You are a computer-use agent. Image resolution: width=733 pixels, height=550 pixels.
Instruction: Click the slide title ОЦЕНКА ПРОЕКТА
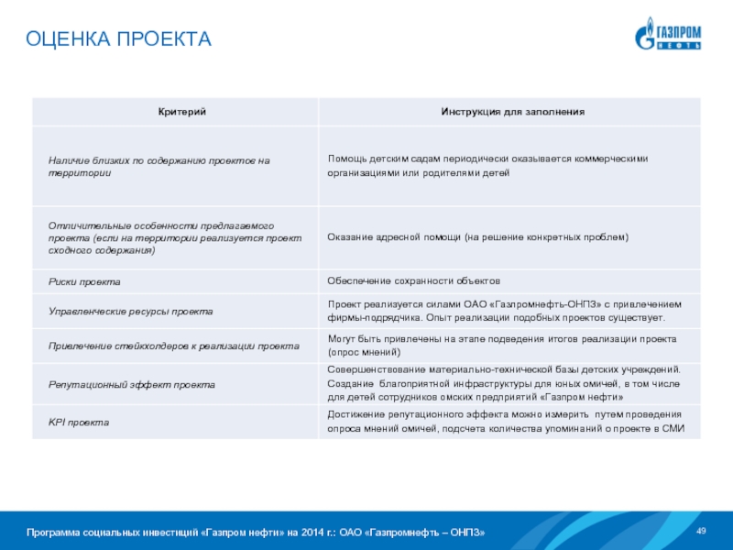pyautogui.click(x=118, y=38)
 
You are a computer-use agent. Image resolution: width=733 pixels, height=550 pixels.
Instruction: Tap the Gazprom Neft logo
pyautogui.click(x=669, y=34)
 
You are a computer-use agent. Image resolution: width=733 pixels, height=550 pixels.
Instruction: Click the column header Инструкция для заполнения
pyautogui.click(x=512, y=111)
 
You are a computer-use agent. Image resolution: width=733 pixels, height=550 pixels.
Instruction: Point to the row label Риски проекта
pyautogui.click(x=84, y=280)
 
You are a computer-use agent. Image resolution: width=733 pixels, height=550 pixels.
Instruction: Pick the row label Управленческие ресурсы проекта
pyautogui.click(x=130, y=312)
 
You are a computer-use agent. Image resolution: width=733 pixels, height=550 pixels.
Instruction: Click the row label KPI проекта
pyautogui.click(x=79, y=423)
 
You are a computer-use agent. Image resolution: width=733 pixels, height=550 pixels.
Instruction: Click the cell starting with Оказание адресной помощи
pyautogui.click(x=477, y=236)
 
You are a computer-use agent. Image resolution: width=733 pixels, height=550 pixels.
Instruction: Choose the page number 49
pyautogui.click(x=702, y=532)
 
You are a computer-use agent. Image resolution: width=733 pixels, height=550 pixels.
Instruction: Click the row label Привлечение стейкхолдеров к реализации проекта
pyautogui.click(x=173, y=346)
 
